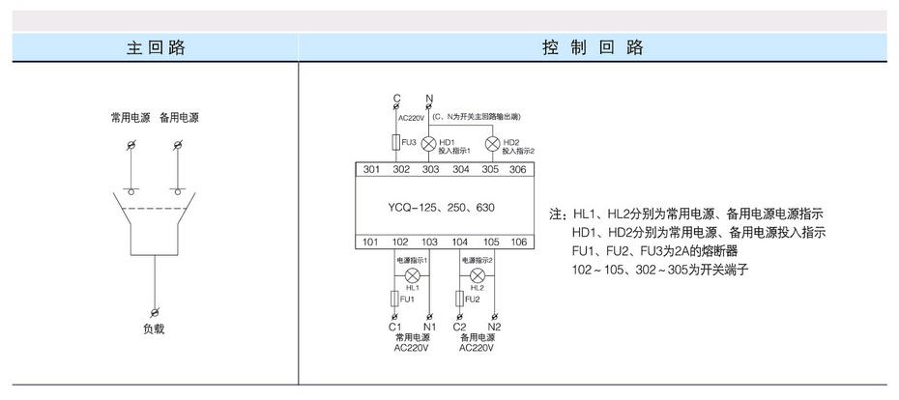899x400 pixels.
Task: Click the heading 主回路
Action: pos(155,47)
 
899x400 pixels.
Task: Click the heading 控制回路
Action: pos(592,47)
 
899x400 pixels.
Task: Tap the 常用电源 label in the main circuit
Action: pos(130,118)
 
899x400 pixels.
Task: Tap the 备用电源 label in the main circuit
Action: pos(179,118)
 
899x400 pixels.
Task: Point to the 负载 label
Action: pos(154,329)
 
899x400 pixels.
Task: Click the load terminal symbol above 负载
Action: pos(155,312)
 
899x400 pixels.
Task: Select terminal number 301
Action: pos(371,170)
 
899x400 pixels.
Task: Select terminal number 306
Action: pos(517,170)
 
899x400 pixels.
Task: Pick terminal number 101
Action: pos(371,242)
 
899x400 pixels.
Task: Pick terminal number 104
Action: pos(460,242)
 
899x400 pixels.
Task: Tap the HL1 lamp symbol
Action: pos(412,275)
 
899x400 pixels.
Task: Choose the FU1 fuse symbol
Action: pos(394,299)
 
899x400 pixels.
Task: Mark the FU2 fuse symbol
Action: pos(459,299)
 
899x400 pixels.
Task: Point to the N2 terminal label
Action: pos(495,327)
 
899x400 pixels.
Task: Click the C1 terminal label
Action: pos(394,327)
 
